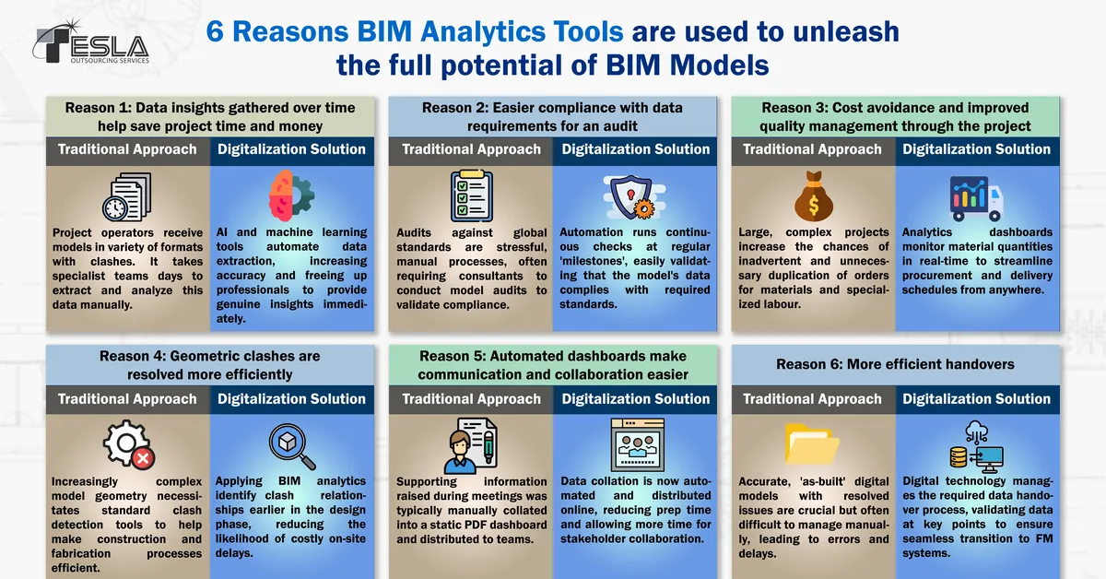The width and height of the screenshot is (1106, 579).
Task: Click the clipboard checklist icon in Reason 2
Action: point(471,196)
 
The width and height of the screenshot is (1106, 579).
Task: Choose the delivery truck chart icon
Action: point(976,196)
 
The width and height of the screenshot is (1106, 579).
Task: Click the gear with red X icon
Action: point(127,445)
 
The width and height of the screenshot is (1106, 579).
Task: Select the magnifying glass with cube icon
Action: point(291,445)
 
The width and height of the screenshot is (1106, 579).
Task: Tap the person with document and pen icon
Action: point(471,445)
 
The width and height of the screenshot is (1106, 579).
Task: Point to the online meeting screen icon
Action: point(635,445)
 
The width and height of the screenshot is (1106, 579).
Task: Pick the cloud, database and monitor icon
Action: point(975,446)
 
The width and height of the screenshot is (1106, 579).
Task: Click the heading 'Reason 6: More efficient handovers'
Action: point(894,364)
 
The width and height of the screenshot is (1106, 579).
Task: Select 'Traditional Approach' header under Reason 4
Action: point(127,399)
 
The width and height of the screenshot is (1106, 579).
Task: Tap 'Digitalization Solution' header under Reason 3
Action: point(976,149)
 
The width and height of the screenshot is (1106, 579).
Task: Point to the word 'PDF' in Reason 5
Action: point(481,525)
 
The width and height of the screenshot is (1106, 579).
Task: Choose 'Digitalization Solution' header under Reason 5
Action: point(635,399)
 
